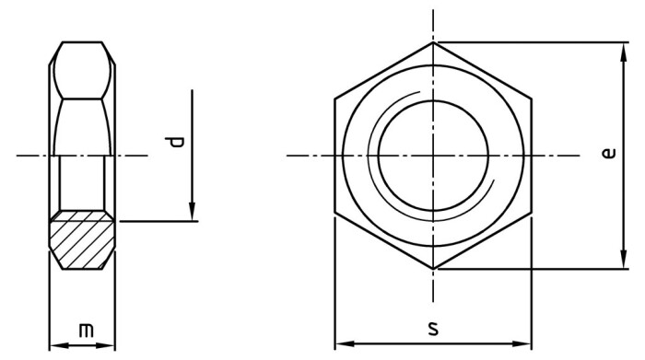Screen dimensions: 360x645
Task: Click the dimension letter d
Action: tap(178, 142)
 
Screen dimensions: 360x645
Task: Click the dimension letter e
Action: tap(608, 154)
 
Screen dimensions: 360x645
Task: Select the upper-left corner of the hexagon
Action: tap(334, 99)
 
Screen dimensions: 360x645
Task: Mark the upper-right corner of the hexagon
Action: tap(532, 99)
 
